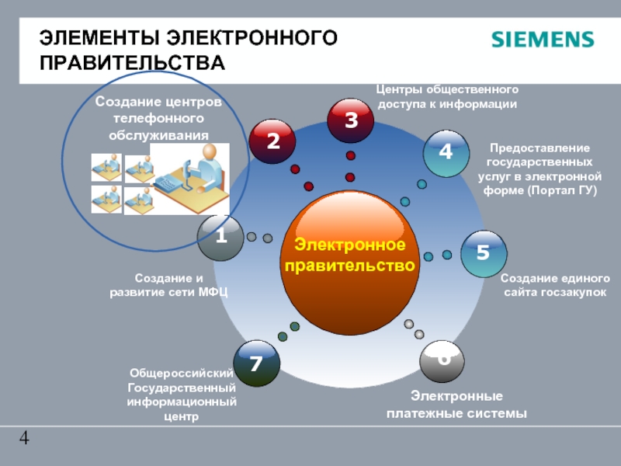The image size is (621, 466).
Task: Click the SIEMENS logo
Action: click(542, 40)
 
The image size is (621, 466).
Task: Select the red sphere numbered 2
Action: click(272, 141)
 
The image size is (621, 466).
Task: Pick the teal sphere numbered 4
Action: click(446, 152)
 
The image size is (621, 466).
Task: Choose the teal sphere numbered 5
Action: click(482, 253)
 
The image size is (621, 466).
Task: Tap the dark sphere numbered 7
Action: click(256, 363)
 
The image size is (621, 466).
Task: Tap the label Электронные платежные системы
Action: click(456, 405)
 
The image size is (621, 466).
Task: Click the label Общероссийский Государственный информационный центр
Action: click(182, 395)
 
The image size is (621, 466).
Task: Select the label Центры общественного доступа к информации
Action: click(447, 96)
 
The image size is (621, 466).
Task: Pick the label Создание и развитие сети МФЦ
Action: click(169, 285)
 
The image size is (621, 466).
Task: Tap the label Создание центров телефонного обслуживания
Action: click(158, 119)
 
